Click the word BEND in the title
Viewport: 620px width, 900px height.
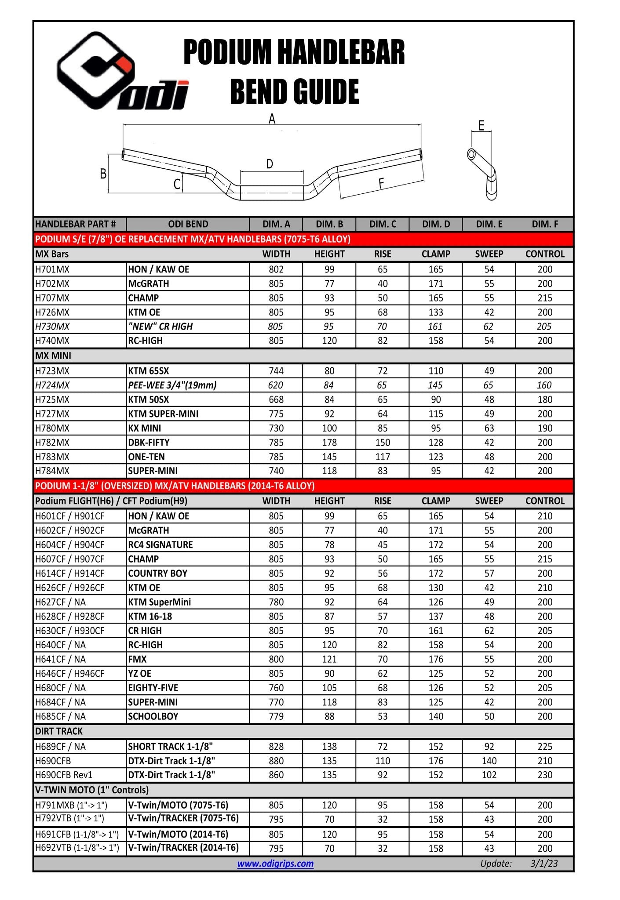(259, 92)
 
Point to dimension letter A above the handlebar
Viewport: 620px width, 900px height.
(272, 119)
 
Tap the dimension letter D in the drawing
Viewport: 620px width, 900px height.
(270, 164)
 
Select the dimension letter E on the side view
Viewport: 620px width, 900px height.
(481, 126)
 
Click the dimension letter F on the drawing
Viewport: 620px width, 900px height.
(381, 183)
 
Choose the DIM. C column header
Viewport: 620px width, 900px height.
(382, 224)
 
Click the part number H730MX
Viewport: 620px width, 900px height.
(52, 327)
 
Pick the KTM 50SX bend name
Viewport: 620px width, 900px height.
(148, 399)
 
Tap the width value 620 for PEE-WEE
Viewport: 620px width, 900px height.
(276, 385)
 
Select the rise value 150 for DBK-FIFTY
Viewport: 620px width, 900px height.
(382, 443)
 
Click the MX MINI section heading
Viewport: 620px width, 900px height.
(53, 356)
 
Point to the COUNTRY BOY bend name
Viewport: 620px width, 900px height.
(157, 573)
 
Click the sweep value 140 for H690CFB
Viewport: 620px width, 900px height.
(489, 761)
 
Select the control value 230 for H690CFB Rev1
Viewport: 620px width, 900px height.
(544, 775)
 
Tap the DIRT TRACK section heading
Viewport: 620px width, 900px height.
(59, 731)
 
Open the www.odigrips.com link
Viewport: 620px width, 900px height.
(275, 864)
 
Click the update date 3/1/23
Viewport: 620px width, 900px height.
(544, 864)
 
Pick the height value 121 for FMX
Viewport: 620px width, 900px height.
(329, 659)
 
